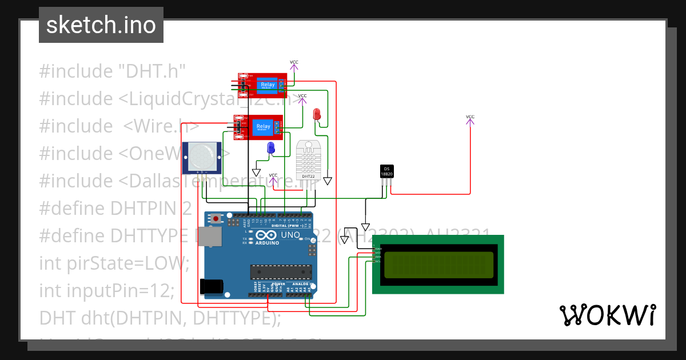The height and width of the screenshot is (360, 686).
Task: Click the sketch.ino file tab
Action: click(101, 25)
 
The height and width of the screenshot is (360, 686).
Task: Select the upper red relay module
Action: click(262, 86)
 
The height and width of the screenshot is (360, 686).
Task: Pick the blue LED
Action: click(271, 148)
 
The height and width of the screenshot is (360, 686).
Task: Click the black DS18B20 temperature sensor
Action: click(386, 170)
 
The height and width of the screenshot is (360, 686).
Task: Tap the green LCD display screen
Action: click(438, 265)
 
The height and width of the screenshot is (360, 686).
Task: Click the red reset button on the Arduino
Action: click(216, 218)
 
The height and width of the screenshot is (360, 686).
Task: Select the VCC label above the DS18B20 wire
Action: click(470, 117)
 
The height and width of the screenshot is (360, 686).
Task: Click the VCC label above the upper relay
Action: click(294, 62)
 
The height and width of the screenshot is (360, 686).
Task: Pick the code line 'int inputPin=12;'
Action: click(107, 291)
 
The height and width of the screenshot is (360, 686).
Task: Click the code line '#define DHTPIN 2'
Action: click(115, 209)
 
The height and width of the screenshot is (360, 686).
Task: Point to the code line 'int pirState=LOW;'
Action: click(114, 263)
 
